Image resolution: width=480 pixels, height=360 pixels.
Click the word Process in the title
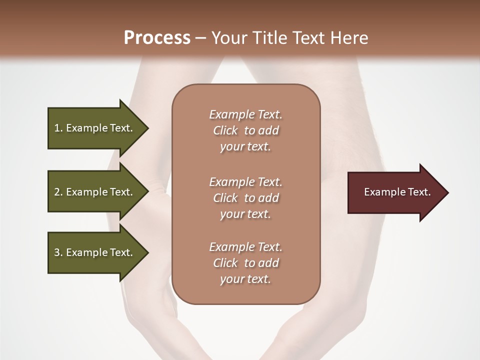point(157,38)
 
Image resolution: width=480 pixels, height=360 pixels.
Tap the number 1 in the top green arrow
point(57,128)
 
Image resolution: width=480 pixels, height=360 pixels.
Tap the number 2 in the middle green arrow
point(57,192)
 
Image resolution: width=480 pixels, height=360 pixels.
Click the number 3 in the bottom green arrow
point(57,252)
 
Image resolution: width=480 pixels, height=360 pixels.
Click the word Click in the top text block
point(225,130)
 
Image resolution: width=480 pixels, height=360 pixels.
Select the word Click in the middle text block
point(225,198)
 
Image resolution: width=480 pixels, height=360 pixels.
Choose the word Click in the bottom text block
point(225,263)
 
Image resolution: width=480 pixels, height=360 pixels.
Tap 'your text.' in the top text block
point(245,147)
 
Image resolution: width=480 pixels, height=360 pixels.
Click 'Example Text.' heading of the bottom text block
point(245,247)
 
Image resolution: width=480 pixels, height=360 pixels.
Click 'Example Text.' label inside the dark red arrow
point(397,192)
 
